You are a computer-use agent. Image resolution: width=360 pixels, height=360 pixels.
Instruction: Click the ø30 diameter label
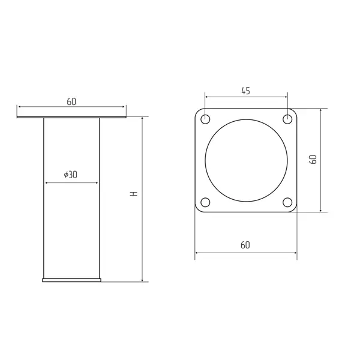pos(70,175)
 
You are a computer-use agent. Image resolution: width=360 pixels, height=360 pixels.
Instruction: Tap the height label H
pos(134,193)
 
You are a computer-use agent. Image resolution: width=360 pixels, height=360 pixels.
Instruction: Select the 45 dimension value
pos(245,91)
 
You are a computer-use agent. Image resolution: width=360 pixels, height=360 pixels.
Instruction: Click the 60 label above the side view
pos(71,102)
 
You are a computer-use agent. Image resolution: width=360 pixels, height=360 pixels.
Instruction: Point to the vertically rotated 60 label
pos(313,160)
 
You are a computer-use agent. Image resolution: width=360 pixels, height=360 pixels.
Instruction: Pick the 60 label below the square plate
pos(245,245)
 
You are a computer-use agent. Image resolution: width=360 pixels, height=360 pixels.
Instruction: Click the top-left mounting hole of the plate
pos(205,119)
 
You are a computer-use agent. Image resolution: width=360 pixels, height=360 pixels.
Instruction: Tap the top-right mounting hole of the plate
pos(287,119)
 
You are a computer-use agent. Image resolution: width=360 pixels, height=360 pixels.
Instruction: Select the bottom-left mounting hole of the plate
pos(205,202)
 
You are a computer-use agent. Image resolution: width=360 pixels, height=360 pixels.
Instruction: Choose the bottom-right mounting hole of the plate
pos(287,202)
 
